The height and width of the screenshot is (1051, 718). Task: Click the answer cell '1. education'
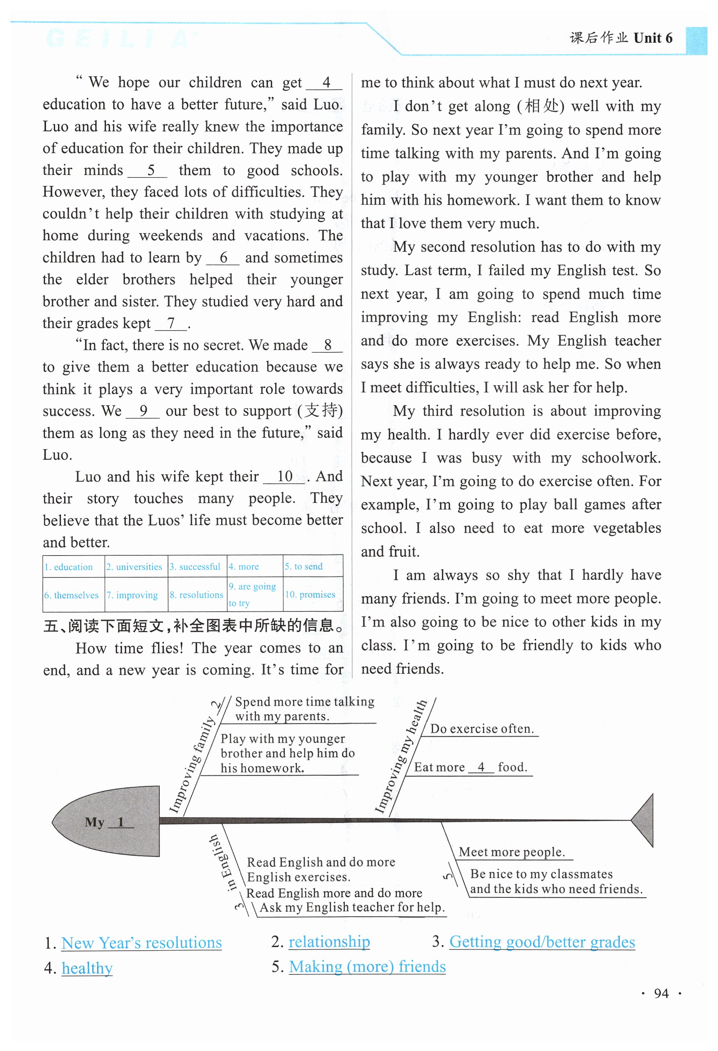pyautogui.click(x=68, y=567)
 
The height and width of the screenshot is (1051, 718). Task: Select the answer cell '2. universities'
pyautogui.click(x=134, y=567)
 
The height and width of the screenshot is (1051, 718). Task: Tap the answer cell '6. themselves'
pyautogui.click(x=71, y=595)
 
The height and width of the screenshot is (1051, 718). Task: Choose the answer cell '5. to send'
pyautogui.click(x=304, y=566)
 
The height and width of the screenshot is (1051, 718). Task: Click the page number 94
pyautogui.click(x=661, y=993)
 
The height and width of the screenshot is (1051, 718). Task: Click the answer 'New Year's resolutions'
pyautogui.click(x=141, y=943)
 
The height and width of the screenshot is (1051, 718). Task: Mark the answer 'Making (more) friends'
pyautogui.click(x=367, y=967)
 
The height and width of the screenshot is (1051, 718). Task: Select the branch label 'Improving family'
pyautogui.click(x=191, y=764)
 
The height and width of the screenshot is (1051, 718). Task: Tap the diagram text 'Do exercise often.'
pyautogui.click(x=482, y=729)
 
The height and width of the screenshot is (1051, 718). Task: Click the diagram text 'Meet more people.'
pyautogui.click(x=511, y=852)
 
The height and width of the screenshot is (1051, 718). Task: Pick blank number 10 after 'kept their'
pyautogui.click(x=285, y=476)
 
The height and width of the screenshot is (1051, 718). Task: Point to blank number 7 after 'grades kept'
pyautogui.click(x=171, y=323)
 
